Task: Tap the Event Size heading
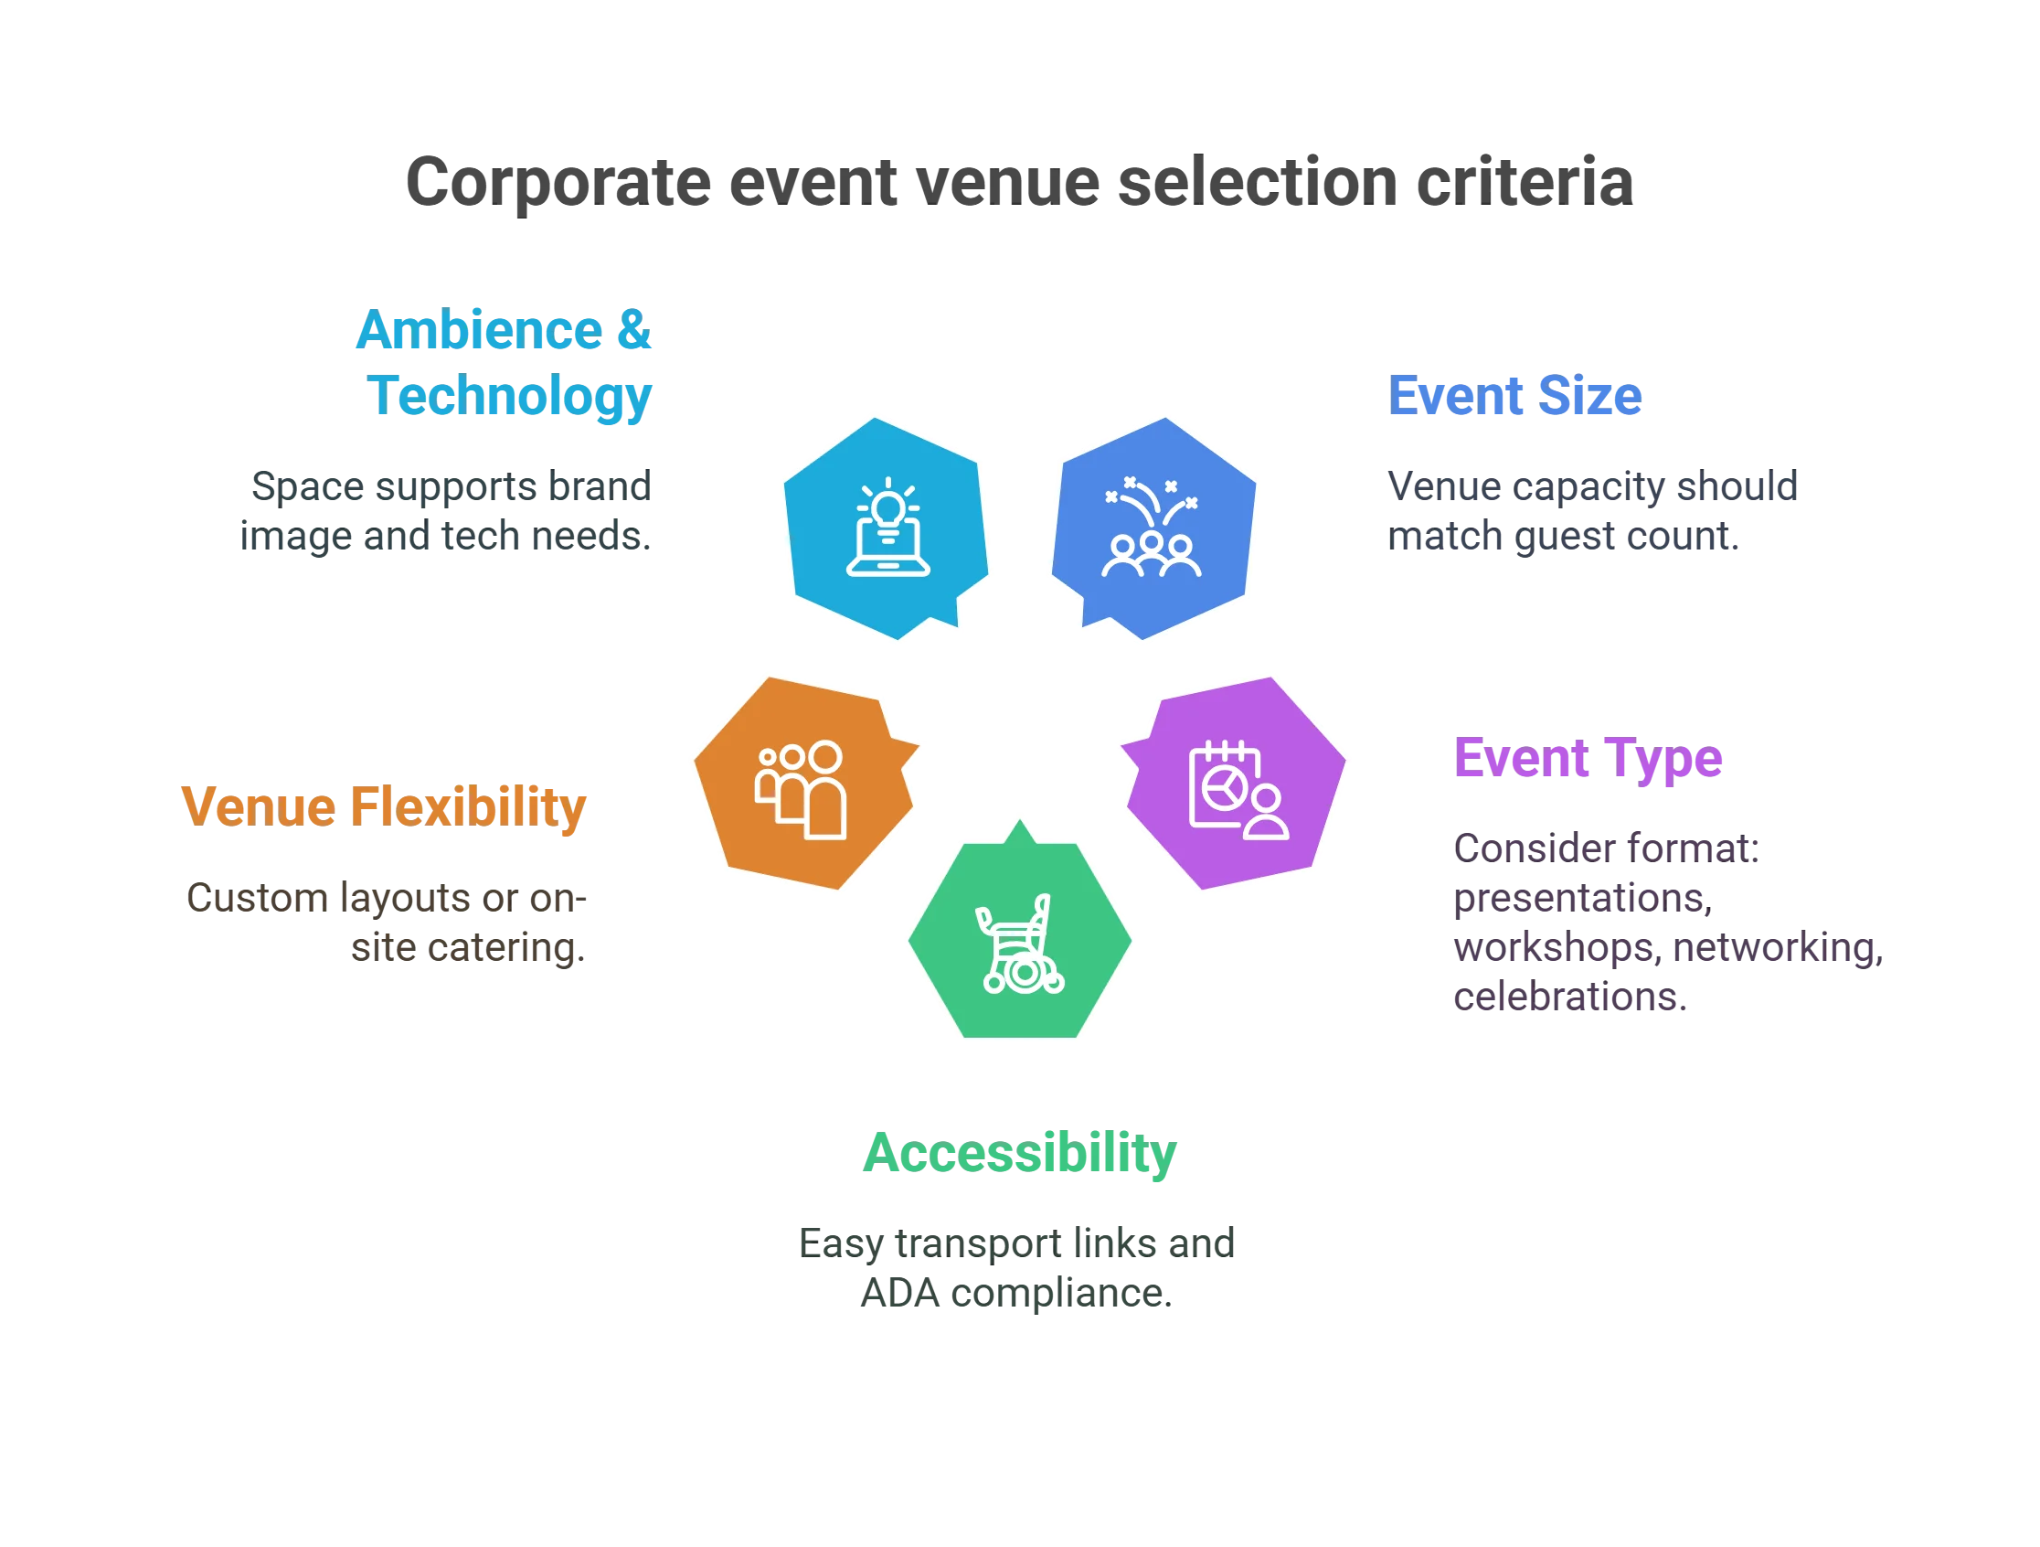click(x=1515, y=396)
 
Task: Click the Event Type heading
click(x=1588, y=759)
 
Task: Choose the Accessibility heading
click(x=1020, y=1153)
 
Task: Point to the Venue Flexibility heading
click(x=384, y=806)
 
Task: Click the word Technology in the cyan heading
click(x=510, y=397)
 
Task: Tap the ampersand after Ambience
click(x=634, y=329)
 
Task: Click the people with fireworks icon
click(x=1152, y=528)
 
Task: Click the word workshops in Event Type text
click(x=1554, y=949)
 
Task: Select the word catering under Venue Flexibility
click(x=506, y=949)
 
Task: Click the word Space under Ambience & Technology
click(x=303, y=487)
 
